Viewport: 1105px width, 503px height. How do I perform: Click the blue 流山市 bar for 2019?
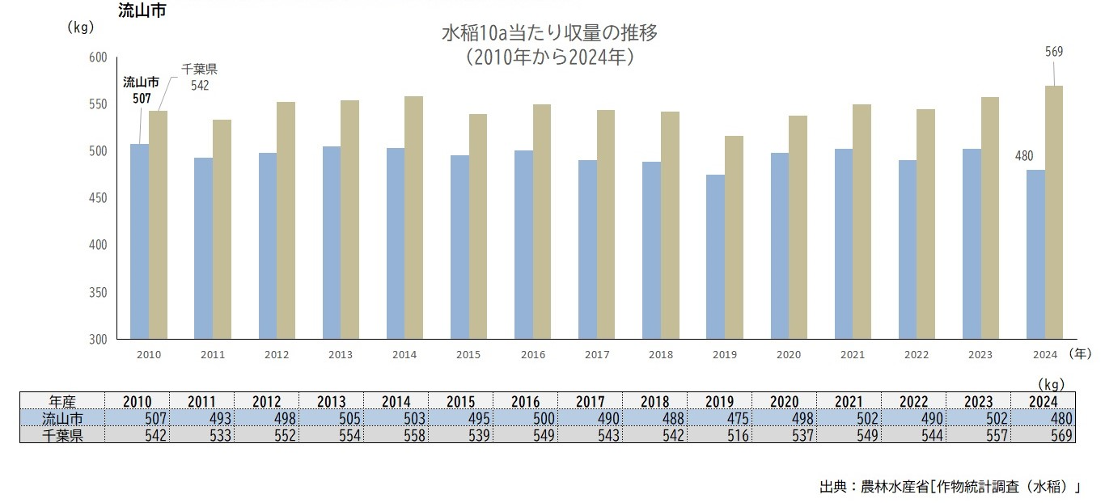point(715,257)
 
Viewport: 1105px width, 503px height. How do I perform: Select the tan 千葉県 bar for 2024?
point(1053,212)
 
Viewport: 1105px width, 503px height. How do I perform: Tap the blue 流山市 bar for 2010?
point(139,242)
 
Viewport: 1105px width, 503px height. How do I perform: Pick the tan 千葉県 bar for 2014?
point(413,218)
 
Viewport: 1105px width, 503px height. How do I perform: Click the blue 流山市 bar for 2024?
point(1035,254)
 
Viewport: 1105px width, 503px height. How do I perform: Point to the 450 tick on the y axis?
point(96,198)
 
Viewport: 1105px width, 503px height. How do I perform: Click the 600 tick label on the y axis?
point(96,57)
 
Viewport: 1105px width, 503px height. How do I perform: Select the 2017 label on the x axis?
point(596,354)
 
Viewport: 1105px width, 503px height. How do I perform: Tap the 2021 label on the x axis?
point(852,354)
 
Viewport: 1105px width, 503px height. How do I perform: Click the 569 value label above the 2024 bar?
point(1053,52)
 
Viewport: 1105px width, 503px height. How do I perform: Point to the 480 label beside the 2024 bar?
point(1023,156)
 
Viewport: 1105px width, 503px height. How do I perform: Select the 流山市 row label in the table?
point(62,418)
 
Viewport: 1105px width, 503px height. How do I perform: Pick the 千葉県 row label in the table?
point(62,435)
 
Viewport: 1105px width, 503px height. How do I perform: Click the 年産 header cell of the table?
point(62,401)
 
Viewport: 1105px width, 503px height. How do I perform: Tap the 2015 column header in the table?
point(460,401)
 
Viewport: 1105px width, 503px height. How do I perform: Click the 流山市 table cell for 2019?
point(719,418)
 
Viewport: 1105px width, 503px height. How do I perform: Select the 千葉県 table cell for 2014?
point(396,435)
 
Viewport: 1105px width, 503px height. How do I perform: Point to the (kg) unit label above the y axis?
point(81,27)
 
